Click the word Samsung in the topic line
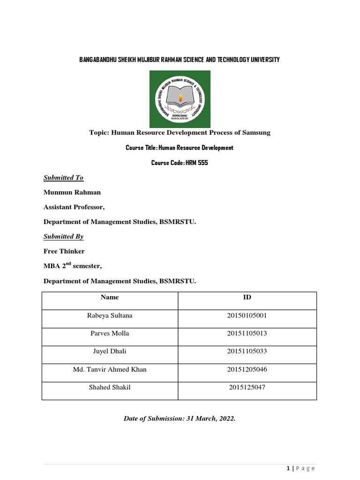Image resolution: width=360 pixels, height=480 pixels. pyautogui.click(x=256, y=133)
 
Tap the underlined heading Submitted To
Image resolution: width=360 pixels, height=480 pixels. pyautogui.click(x=63, y=178)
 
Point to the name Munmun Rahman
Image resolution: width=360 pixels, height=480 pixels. pyautogui.click(x=72, y=192)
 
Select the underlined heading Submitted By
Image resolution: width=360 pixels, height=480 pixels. pyautogui.click(x=63, y=237)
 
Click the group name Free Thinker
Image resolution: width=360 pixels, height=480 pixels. pyautogui.click(x=64, y=251)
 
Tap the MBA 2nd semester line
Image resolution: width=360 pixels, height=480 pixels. pyautogui.click(x=72, y=266)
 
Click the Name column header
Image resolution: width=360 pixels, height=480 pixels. pyautogui.click(x=110, y=297)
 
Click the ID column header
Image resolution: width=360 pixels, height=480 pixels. pyautogui.click(x=247, y=297)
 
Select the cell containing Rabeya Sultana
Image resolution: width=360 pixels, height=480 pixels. pyautogui.click(x=110, y=315)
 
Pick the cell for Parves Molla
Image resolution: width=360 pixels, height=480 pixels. pyautogui.click(x=110, y=333)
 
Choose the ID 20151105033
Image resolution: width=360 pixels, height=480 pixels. pyautogui.click(x=247, y=352)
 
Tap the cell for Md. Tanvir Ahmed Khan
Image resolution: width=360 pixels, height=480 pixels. pyautogui.click(x=110, y=369)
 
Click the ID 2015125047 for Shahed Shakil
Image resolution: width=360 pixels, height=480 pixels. pyautogui.click(x=247, y=387)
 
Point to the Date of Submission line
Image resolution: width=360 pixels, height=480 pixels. pyautogui.click(x=180, y=419)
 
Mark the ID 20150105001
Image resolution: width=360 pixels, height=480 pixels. pyautogui.click(x=247, y=315)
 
